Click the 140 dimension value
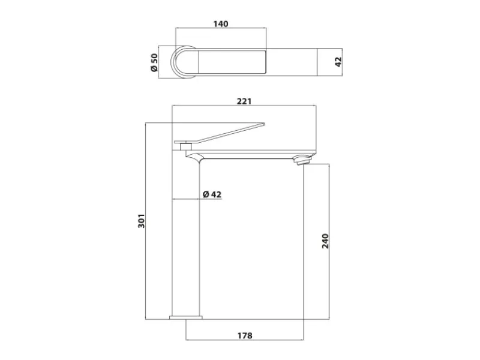[x=221, y=24]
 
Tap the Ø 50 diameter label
[x=154, y=62]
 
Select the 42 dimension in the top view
[x=338, y=62]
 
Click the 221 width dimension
[x=244, y=101]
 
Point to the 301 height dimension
[x=141, y=220]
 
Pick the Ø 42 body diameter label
[x=212, y=194]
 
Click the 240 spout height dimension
[x=325, y=241]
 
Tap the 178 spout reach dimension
[x=245, y=335]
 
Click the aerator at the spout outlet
[x=302, y=160]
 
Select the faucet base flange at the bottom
[x=186, y=317]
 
